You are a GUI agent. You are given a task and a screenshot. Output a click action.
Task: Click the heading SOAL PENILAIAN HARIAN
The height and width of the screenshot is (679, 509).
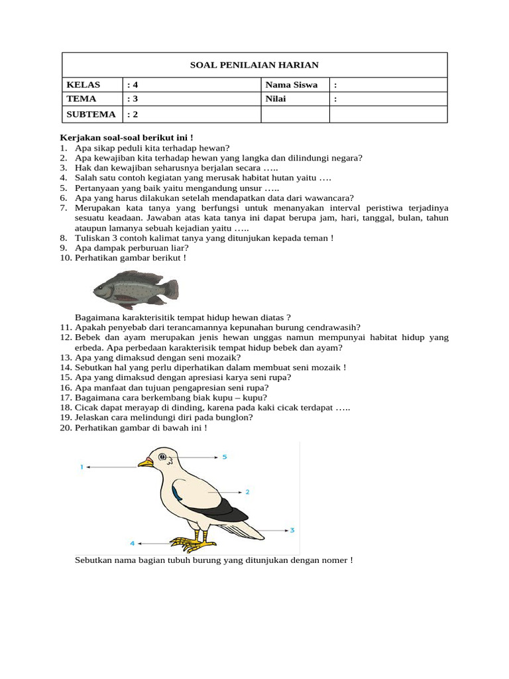(x=254, y=65)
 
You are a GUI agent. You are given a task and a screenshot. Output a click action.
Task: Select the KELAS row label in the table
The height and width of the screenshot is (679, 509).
(x=82, y=85)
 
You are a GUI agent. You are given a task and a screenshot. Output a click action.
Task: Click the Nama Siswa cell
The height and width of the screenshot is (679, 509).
(x=291, y=85)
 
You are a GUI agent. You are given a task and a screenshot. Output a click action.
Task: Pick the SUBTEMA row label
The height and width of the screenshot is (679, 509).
(x=91, y=114)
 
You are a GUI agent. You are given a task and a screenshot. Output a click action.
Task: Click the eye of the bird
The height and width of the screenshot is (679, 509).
(x=162, y=456)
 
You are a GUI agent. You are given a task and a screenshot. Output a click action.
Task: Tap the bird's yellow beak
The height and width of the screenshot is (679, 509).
(x=144, y=462)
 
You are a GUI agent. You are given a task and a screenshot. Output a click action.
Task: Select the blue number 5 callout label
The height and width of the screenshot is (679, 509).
(x=225, y=457)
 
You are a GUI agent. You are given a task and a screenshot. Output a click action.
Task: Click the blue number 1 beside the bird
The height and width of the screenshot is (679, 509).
(x=82, y=467)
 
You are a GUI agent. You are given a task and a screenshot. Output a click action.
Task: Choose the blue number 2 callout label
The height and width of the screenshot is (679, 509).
(x=247, y=492)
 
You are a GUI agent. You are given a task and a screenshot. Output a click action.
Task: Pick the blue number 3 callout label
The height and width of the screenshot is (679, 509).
(x=292, y=530)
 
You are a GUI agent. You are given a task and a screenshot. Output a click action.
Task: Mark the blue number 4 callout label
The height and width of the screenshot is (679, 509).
(x=132, y=543)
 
